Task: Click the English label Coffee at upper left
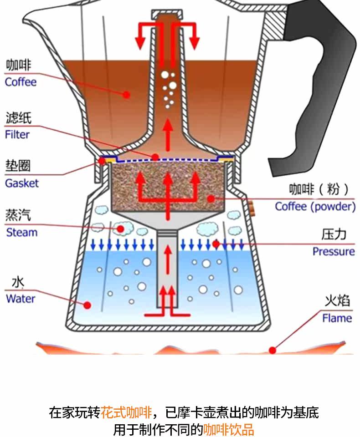(x=21, y=82)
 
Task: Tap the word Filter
(x=17, y=135)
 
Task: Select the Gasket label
(x=22, y=183)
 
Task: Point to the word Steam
(x=21, y=233)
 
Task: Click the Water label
(x=21, y=299)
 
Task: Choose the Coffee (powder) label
(x=315, y=207)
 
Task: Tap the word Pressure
(x=333, y=252)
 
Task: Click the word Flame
(x=337, y=318)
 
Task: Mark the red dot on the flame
(x=273, y=350)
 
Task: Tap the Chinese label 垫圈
(x=18, y=166)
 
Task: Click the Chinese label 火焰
(x=337, y=301)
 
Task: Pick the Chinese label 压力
(x=334, y=234)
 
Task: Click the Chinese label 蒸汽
(x=18, y=215)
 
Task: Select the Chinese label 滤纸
(x=18, y=118)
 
